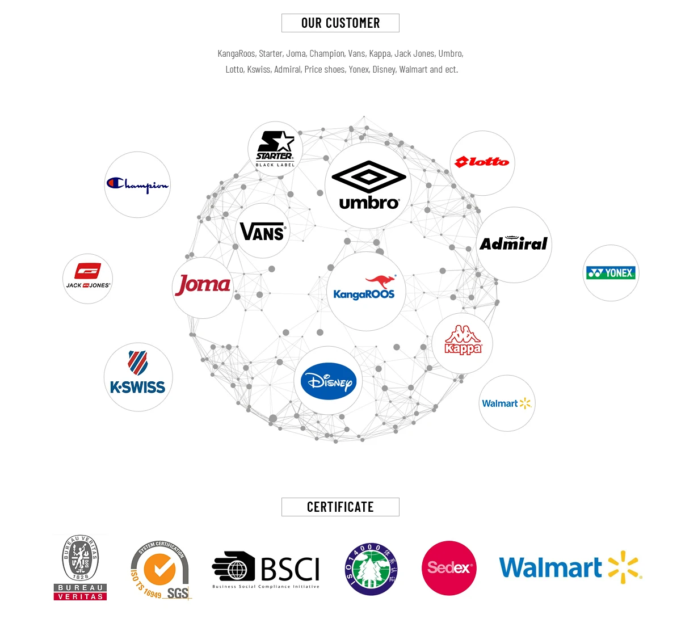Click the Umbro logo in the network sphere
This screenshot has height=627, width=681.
[368, 186]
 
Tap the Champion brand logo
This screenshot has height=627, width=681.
[137, 184]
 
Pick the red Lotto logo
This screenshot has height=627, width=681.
[482, 163]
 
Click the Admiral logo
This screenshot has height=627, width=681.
[514, 244]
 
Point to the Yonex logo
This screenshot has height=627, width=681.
[611, 273]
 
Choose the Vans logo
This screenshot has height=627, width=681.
[262, 231]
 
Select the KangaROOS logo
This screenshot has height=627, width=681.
[365, 291]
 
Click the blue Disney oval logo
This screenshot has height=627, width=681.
[329, 381]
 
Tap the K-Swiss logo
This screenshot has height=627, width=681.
[138, 376]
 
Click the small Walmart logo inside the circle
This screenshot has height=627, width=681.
[506, 403]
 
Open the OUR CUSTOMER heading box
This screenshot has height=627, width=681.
[340, 23]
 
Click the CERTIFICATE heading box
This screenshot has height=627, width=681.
[340, 507]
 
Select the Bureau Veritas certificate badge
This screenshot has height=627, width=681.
[81, 567]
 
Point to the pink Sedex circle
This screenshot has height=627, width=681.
[449, 568]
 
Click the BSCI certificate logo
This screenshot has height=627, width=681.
[266, 570]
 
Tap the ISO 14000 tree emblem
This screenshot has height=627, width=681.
[372, 569]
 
